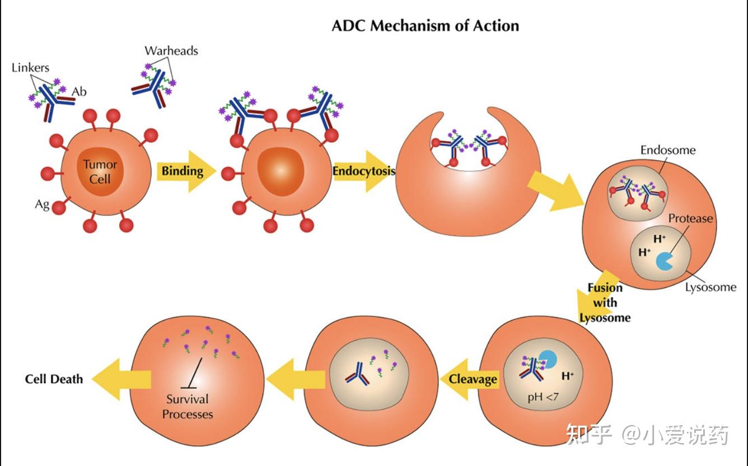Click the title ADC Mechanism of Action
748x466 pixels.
point(426,26)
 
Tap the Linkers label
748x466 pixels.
point(30,68)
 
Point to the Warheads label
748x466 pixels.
point(171,50)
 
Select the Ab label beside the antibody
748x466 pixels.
point(79,91)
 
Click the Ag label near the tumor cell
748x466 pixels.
point(42,204)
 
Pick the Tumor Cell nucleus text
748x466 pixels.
point(100,172)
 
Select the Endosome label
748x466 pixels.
point(668,150)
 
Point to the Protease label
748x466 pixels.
point(690,218)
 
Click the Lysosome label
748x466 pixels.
point(710,287)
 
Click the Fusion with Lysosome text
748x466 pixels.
point(605,302)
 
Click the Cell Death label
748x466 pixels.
point(54,379)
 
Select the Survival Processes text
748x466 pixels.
point(188,407)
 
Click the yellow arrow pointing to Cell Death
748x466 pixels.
point(120,379)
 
